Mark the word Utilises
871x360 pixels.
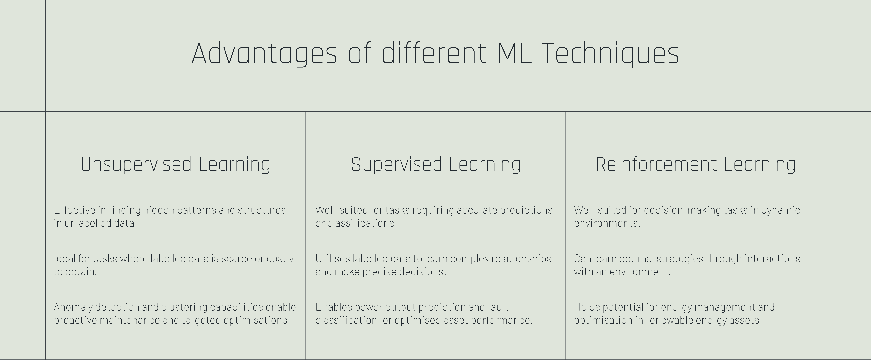[332, 259]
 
